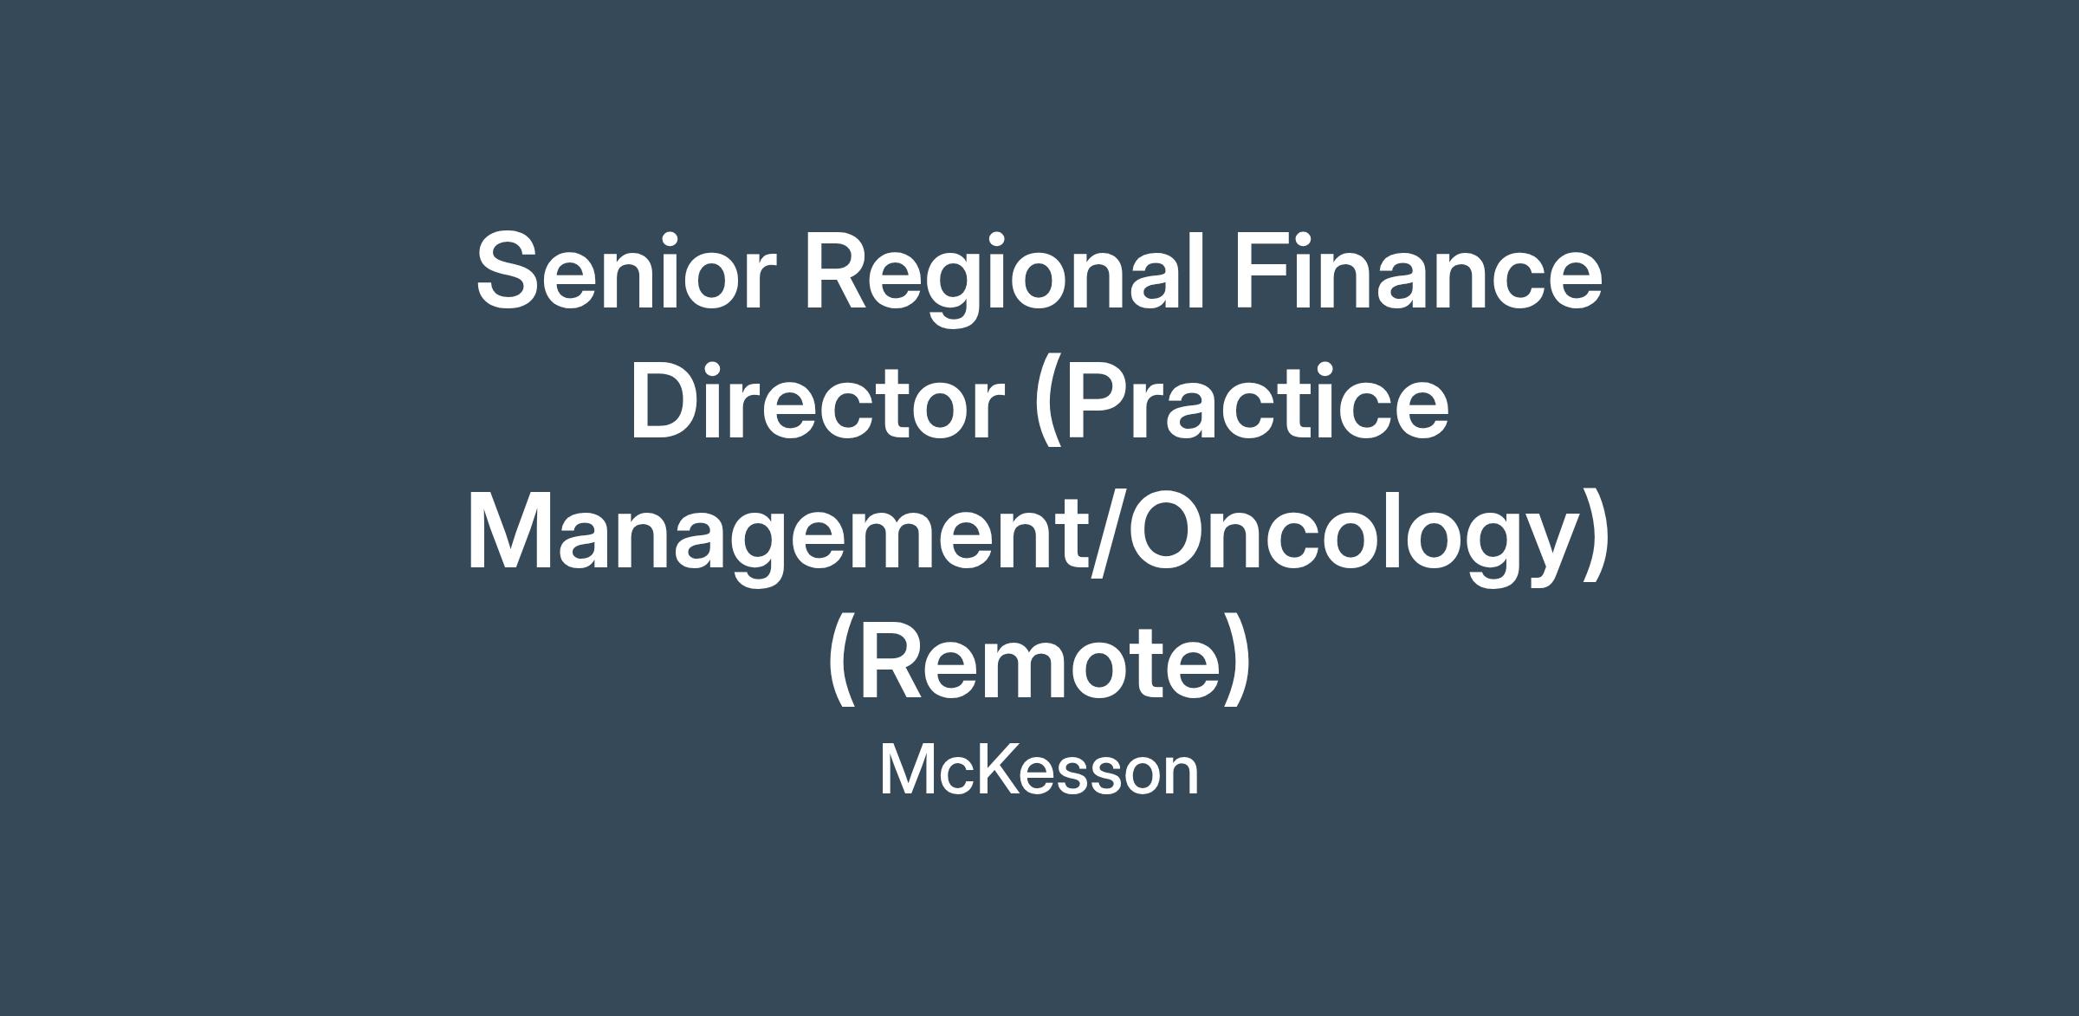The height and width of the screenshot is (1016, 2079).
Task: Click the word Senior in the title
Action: click(x=620, y=269)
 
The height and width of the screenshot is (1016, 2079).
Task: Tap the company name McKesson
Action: click(x=1039, y=770)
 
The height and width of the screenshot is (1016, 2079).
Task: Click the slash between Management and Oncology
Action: click(x=1107, y=533)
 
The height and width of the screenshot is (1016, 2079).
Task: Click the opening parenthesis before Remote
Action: click(x=843, y=663)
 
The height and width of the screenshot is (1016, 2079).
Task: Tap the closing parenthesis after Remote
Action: click(x=1236, y=663)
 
